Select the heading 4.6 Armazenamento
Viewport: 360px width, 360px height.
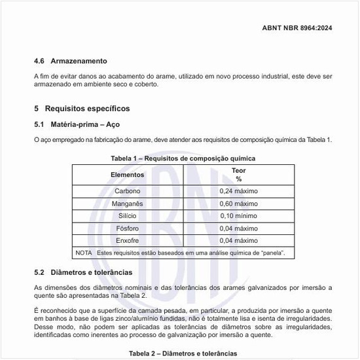[x=70, y=61]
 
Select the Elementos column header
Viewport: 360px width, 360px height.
[x=127, y=175]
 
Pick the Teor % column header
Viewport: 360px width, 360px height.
[x=238, y=174]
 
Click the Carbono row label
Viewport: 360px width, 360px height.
[x=127, y=191]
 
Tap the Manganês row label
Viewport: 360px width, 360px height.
[x=127, y=204]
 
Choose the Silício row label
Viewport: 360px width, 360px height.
[x=127, y=216]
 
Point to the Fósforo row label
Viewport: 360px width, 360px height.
[x=127, y=228]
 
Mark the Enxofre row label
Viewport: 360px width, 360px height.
[x=127, y=241]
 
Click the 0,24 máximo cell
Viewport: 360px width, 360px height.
[x=238, y=191]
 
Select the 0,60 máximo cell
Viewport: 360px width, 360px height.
[x=238, y=204]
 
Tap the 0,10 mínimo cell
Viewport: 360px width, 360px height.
[x=238, y=216]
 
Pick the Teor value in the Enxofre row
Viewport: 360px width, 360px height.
[x=238, y=241]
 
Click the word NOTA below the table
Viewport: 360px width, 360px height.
[x=84, y=253]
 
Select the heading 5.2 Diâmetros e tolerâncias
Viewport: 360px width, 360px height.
[x=83, y=272]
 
